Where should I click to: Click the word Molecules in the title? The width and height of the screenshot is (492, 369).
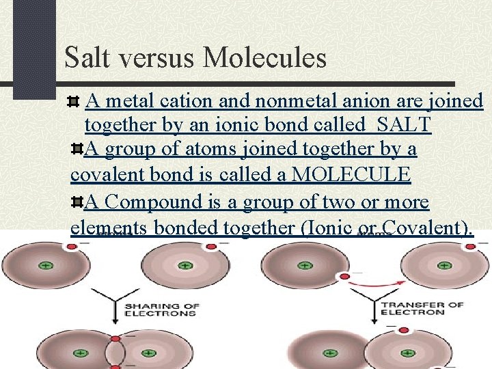tap(265, 58)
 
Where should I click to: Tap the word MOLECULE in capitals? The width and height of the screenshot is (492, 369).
tap(351, 174)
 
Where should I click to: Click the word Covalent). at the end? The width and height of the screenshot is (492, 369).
tap(428, 228)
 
